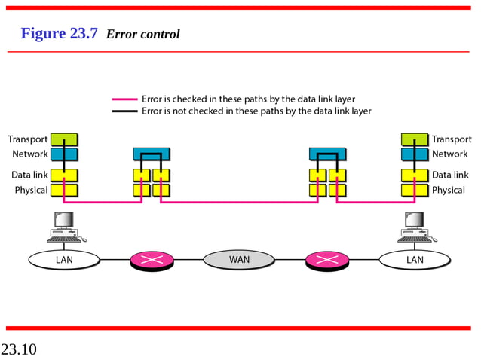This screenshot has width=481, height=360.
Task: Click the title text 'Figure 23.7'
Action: tap(59, 34)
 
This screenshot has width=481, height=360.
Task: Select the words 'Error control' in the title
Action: tap(143, 35)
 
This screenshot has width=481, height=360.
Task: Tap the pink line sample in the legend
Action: tap(125, 99)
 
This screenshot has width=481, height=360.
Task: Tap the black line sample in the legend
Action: tap(125, 111)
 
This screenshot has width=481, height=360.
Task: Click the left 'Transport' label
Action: tap(28, 139)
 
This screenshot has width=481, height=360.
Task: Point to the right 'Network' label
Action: tap(450, 154)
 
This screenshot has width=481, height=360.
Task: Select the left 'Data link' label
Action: tap(29, 175)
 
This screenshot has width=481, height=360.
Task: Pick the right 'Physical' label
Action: tap(448, 190)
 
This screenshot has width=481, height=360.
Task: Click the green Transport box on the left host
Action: tap(64, 139)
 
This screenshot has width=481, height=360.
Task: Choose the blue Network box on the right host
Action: tap(415, 154)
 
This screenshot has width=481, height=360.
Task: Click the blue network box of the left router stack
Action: tap(152, 154)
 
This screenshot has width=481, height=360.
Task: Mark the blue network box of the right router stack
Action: tap(327, 154)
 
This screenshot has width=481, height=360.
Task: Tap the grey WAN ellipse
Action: tap(239, 260)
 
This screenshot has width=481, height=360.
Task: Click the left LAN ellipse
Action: tap(64, 260)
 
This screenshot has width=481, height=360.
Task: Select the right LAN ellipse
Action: tap(415, 260)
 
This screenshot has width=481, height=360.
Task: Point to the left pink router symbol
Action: tap(152, 261)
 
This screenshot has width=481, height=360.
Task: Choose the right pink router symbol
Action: tap(327, 261)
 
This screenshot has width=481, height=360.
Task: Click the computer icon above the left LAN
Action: tap(65, 227)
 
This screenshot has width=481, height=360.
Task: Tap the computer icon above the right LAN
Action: tap(415, 227)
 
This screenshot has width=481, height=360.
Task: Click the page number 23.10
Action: tap(19, 349)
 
